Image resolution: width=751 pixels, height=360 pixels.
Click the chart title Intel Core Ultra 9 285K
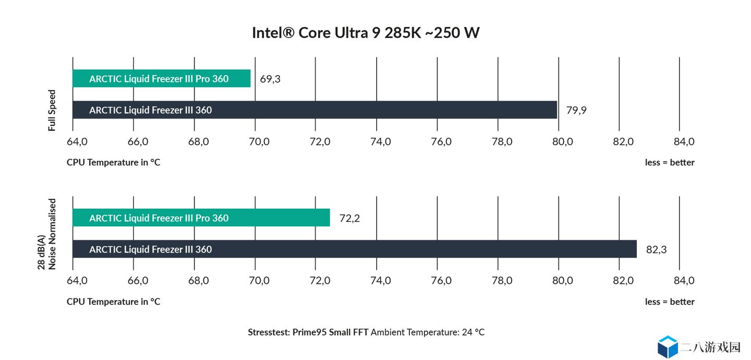[x=366, y=33]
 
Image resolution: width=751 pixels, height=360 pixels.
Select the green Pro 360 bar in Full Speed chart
[x=162, y=78]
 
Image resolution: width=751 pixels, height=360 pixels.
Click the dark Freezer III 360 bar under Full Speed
[x=315, y=110]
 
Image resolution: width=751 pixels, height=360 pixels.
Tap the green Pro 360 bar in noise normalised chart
[x=201, y=218]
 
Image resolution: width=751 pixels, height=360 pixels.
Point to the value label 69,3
[x=270, y=79]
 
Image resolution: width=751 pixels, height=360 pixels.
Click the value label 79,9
[x=576, y=111]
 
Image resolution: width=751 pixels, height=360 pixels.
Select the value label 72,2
[x=349, y=219]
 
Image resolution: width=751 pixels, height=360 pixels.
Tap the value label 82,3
[x=656, y=249]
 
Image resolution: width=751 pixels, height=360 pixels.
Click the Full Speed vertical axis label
[x=52, y=110]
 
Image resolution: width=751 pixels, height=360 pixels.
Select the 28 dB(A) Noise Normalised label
[x=46, y=234]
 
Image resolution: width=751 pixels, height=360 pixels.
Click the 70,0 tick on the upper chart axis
[x=259, y=141]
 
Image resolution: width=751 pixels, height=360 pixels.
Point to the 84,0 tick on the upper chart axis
[x=684, y=141]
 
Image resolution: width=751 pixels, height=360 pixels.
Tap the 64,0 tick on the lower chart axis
[x=77, y=281]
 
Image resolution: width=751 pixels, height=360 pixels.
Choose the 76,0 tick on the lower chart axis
[x=441, y=281]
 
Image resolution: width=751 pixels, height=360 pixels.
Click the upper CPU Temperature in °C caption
[x=113, y=162]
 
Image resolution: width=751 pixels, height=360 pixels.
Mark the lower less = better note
[x=670, y=302]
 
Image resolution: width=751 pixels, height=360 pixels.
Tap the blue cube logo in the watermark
[x=668, y=347]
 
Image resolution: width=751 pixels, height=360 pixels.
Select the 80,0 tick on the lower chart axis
[x=563, y=281]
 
